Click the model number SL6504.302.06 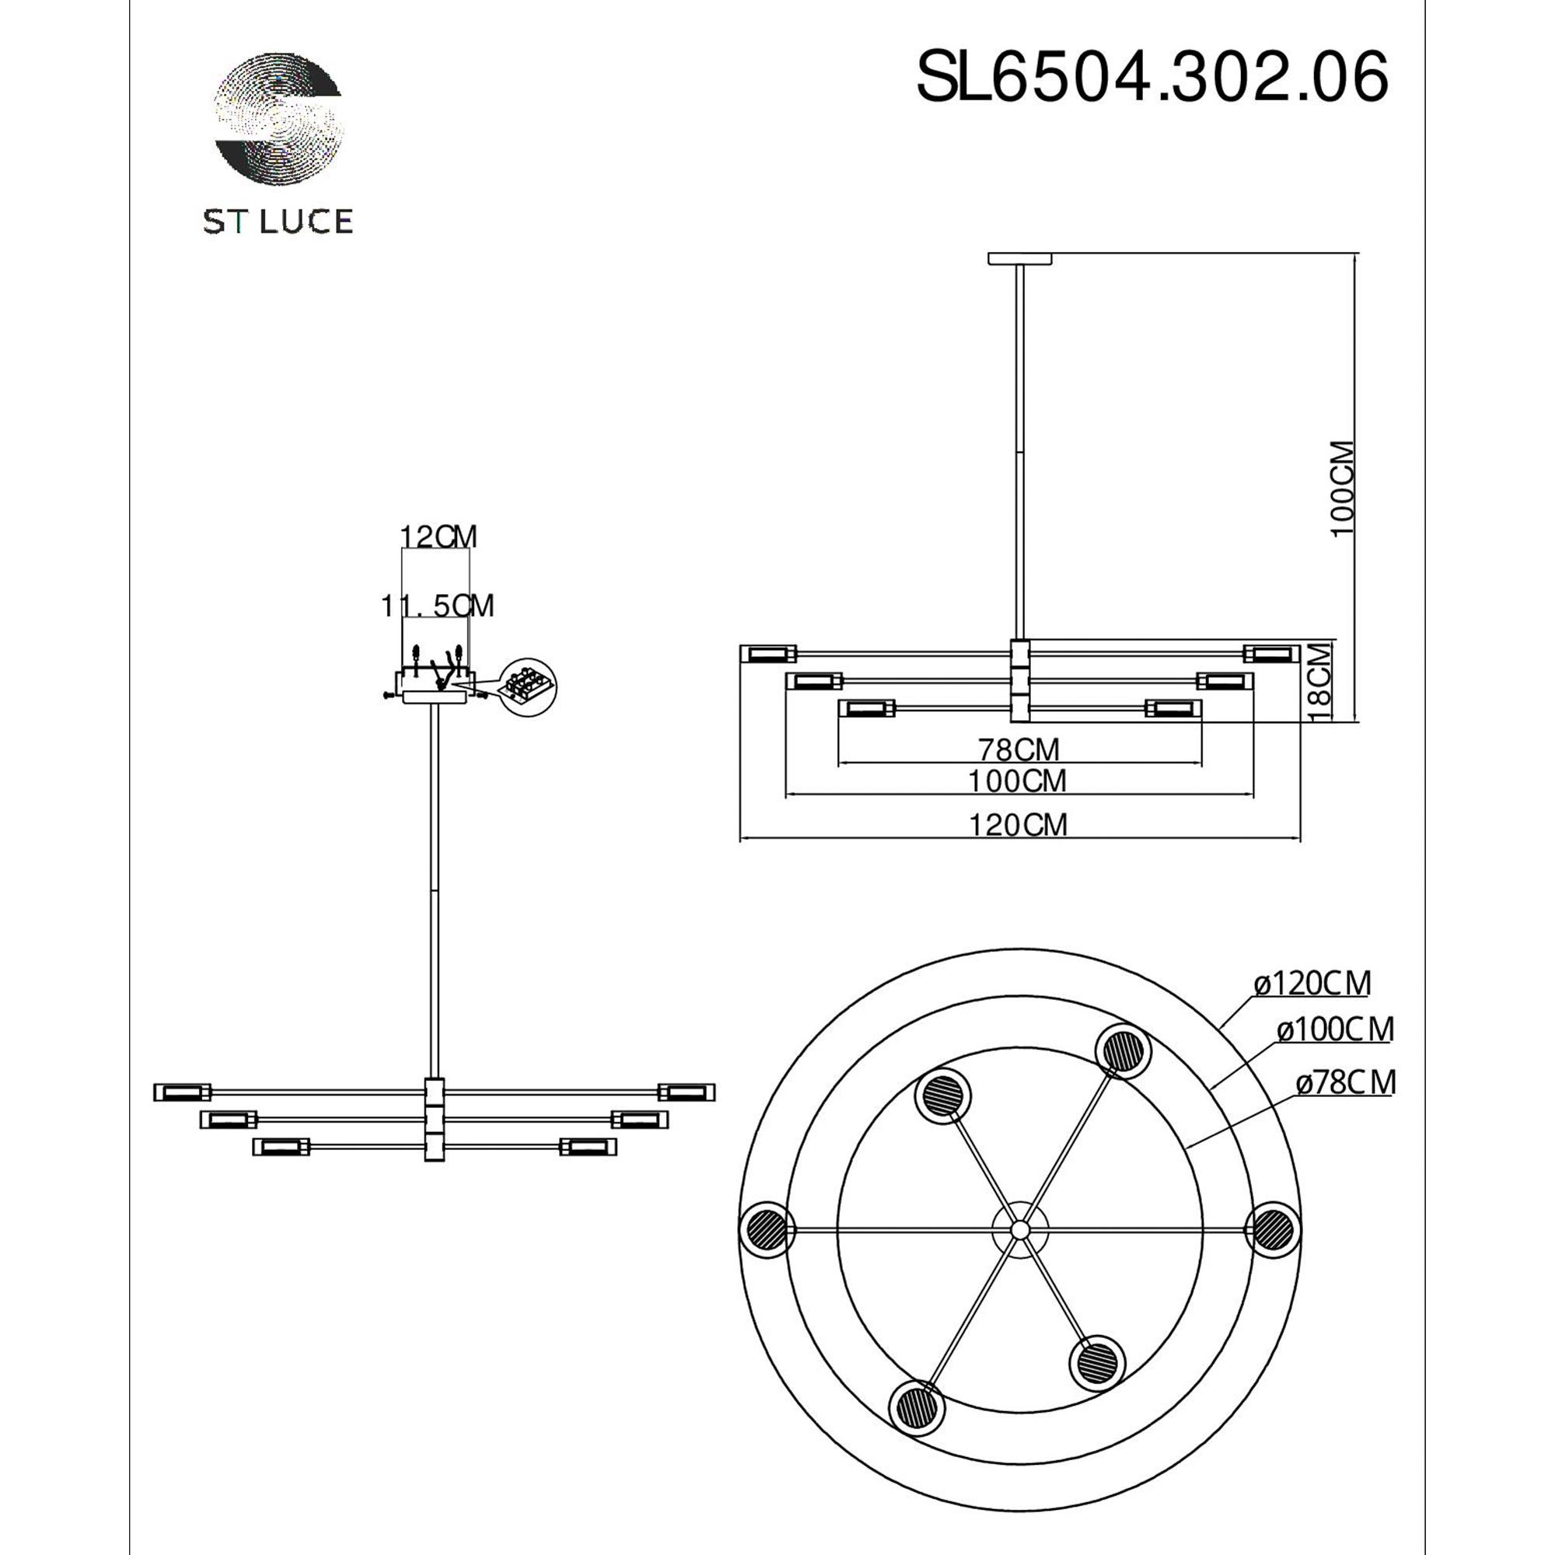[x=1152, y=76]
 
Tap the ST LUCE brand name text [x=278, y=222]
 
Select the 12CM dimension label [x=439, y=536]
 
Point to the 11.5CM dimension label [x=437, y=605]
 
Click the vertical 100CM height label [x=1343, y=488]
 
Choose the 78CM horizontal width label [x=1019, y=750]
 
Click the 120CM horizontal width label [x=1019, y=825]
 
